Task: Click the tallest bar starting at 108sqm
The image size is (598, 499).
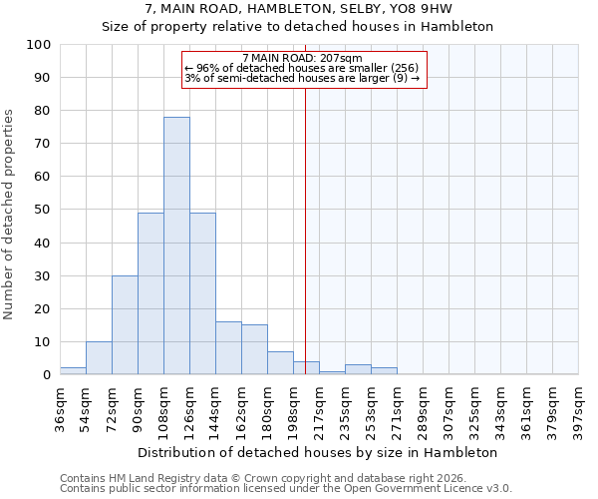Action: click(x=176, y=246)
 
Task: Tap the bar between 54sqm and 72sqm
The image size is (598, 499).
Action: click(x=99, y=357)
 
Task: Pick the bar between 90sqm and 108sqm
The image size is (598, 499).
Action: click(x=150, y=293)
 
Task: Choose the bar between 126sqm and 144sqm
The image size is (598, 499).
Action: click(x=202, y=293)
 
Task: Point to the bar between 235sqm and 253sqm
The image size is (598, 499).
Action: click(x=358, y=369)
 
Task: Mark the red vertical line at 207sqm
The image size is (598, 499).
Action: click(x=305, y=230)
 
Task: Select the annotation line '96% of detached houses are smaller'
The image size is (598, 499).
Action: click(x=308, y=68)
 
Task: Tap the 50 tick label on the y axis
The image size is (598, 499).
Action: click(x=43, y=210)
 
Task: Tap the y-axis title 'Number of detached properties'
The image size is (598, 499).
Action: click(x=9, y=215)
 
